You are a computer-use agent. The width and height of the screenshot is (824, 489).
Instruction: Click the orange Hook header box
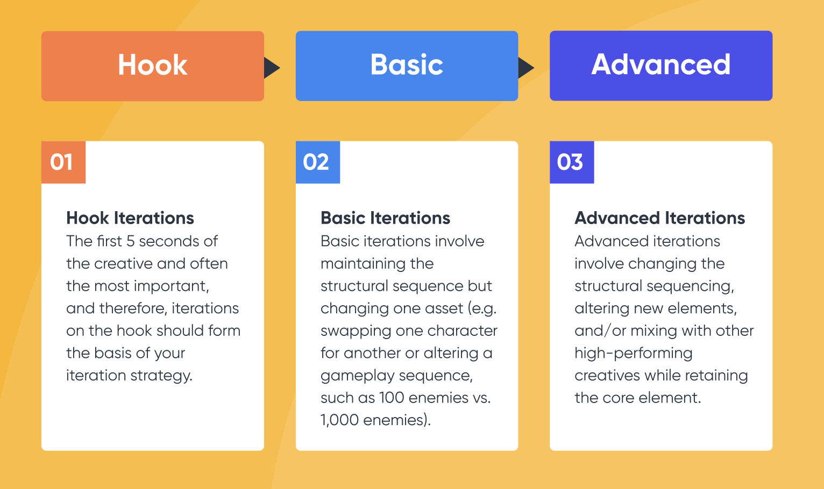point(152,66)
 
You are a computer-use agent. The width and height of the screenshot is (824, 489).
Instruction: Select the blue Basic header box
point(407,66)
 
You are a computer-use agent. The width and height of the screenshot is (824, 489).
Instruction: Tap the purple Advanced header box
point(660,66)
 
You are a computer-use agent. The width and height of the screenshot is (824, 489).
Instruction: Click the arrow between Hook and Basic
point(272,68)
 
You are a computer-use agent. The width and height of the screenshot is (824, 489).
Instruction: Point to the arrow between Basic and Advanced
point(525,68)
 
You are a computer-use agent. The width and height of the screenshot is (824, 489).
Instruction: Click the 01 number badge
point(63,162)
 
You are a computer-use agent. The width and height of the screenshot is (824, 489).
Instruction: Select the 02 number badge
point(317,162)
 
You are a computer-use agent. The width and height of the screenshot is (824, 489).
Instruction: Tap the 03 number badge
point(571,162)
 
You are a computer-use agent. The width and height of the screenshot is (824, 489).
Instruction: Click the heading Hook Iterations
point(130,218)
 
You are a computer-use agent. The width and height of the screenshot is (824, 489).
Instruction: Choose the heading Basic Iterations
point(385,218)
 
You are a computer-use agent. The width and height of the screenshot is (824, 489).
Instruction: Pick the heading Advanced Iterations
point(659,218)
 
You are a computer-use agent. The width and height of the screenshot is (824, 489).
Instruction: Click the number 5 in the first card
point(130,241)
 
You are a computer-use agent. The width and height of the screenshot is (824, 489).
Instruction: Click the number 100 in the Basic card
point(392,398)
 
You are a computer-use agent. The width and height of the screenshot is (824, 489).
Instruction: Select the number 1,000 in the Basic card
point(339,420)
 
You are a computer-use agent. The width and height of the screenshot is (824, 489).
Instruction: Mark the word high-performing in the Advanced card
point(633,353)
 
